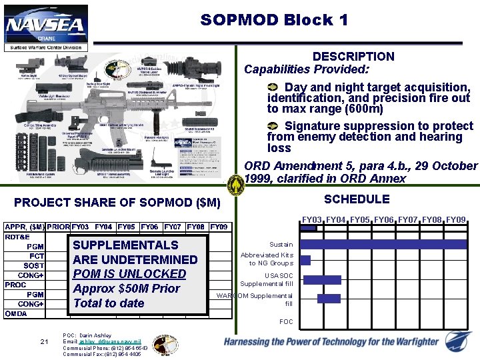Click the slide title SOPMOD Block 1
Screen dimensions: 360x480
274,20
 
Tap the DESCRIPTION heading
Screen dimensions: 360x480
353,57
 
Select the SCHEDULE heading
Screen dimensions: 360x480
357,199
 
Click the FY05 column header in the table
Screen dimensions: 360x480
127,227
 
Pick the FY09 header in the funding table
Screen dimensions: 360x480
219,227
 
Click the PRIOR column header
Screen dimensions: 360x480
59,227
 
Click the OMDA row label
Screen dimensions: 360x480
17,313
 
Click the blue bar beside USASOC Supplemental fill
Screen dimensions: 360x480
322,280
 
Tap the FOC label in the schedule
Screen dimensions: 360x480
286,322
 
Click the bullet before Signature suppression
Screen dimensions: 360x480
273,126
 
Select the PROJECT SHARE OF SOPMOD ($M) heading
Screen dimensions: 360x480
117,202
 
